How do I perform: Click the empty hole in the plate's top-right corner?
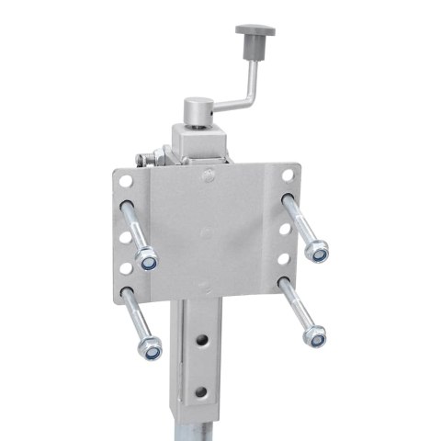(288, 173)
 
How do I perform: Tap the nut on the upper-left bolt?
(147, 261)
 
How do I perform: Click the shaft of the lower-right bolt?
(296, 309)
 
